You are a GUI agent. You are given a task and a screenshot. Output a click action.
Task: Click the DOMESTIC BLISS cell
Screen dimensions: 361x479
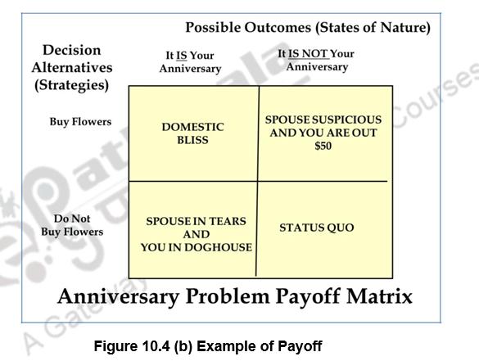point(192,133)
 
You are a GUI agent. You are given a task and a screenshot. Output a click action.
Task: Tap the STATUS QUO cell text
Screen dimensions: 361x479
point(317,227)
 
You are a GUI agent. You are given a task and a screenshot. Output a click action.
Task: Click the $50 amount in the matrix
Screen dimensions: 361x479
point(323,146)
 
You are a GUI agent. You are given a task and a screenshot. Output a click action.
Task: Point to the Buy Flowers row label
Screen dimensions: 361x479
point(80,122)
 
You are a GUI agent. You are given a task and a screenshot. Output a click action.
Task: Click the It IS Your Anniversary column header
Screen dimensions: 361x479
point(190,62)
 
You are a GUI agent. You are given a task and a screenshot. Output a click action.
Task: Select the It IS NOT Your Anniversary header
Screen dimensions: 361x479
point(316,59)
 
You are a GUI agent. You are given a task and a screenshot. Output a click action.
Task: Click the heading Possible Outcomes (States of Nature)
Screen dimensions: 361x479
point(307,28)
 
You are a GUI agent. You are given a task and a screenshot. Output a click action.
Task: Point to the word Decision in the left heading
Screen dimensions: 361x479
point(72,51)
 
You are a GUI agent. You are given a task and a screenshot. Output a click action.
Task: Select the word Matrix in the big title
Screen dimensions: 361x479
point(374,296)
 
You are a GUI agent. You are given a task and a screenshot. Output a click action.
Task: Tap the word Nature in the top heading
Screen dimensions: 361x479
point(403,28)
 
